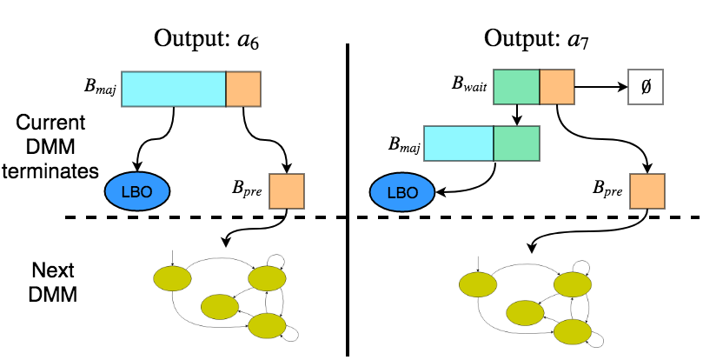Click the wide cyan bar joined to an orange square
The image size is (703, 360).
click(x=174, y=89)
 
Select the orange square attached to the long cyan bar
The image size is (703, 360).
click(x=243, y=89)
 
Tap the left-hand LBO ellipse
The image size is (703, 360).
click(x=137, y=191)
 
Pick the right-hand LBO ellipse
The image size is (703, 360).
click(x=402, y=192)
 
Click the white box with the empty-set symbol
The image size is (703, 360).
click(x=646, y=87)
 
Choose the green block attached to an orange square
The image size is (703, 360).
click(x=516, y=87)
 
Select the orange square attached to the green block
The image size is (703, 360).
click(x=557, y=87)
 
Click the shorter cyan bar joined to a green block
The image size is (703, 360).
click(x=459, y=143)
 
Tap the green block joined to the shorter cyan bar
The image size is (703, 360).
click(x=516, y=143)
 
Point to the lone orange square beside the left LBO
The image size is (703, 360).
click(x=287, y=191)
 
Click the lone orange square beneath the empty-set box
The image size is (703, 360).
click(x=647, y=191)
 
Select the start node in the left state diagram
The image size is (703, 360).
click(x=172, y=278)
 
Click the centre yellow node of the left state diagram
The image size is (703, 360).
click(x=220, y=307)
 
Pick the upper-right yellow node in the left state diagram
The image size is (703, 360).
click(x=267, y=278)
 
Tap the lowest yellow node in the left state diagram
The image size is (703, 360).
click(x=267, y=325)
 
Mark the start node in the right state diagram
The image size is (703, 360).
click(x=478, y=284)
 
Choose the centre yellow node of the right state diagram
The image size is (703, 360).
click(x=525, y=313)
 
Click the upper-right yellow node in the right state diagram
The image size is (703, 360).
click(x=573, y=284)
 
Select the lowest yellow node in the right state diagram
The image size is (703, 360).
click(x=573, y=331)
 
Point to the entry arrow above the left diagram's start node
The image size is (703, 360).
click(x=173, y=257)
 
